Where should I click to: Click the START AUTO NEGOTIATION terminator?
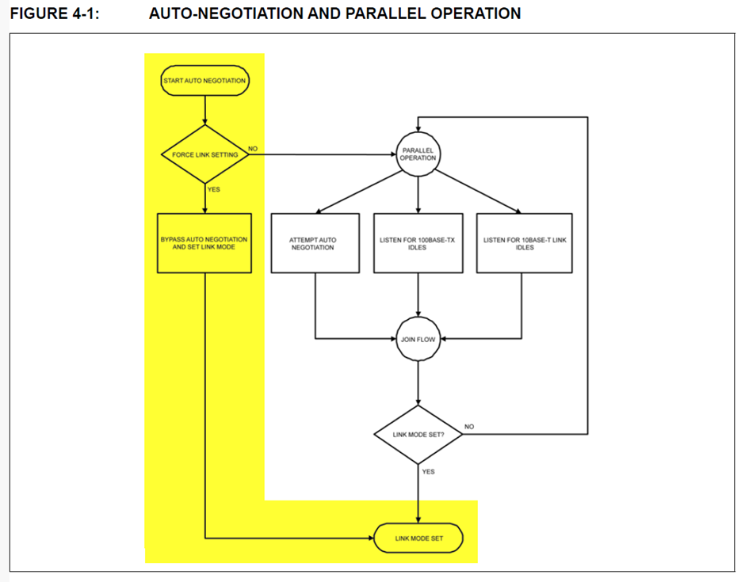click(x=204, y=81)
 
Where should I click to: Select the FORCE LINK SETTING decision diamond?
click(x=205, y=154)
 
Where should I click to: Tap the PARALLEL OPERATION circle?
click(x=418, y=154)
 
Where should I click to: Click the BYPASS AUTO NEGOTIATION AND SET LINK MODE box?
click(x=204, y=243)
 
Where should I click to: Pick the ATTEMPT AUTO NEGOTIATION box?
click(x=315, y=243)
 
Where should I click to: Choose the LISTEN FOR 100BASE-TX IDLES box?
click(x=418, y=243)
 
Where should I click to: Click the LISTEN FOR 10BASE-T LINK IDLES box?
click(x=525, y=243)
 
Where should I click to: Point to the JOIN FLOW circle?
click(x=418, y=339)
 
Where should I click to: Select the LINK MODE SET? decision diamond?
click(x=418, y=435)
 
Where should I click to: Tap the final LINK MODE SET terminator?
click(x=418, y=538)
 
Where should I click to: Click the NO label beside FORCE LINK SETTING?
click(x=253, y=149)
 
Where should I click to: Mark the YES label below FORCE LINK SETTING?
click(x=214, y=189)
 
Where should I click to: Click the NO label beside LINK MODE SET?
click(x=469, y=427)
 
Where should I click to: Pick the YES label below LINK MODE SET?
click(x=428, y=472)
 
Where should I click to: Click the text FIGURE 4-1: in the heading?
click(x=55, y=13)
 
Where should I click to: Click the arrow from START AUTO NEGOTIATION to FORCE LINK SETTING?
click(x=205, y=110)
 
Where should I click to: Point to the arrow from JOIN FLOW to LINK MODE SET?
click(x=418, y=383)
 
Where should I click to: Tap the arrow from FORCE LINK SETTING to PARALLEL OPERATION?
click(x=323, y=154)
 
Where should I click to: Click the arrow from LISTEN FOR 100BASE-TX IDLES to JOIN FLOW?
click(x=418, y=295)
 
